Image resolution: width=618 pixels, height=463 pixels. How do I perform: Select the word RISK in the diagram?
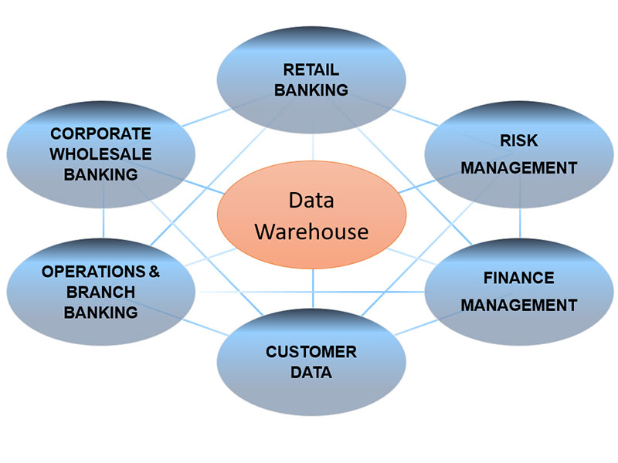tap(519, 140)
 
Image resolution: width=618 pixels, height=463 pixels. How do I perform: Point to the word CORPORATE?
tap(102, 133)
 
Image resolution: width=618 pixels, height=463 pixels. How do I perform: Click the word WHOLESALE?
tap(100, 153)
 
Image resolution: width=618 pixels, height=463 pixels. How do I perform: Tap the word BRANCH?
tap(102, 292)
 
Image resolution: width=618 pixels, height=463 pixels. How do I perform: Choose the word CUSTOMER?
tap(311, 352)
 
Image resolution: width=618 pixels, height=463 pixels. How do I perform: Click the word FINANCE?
tap(519, 277)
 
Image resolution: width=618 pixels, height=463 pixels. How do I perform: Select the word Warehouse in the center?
tap(312, 230)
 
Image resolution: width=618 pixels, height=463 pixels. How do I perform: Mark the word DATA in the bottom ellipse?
tap(311, 373)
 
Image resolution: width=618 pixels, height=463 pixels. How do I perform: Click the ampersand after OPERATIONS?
tap(155, 272)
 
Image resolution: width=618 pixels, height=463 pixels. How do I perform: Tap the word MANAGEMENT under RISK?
tap(519, 167)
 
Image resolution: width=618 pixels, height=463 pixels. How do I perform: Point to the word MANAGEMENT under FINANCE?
tap(519, 304)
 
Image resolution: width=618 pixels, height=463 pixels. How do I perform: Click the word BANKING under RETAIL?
tap(312, 90)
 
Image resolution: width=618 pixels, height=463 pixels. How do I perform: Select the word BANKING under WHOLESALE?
tap(100, 174)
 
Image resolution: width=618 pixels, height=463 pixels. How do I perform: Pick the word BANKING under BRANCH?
tap(100, 313)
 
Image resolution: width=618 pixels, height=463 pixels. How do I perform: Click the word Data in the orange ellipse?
tap(311, 201)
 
